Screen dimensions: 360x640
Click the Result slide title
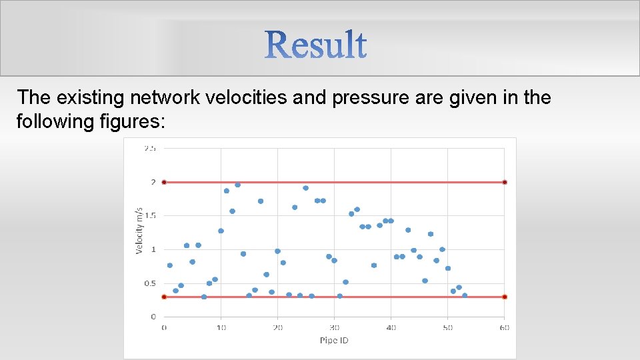(x=317, y=45)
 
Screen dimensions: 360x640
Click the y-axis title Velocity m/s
(x=140, y=230)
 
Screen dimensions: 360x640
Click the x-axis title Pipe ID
(x=334, y=341)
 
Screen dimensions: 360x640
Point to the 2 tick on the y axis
(x=153, y=182)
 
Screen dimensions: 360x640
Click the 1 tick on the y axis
(x=153, y=249)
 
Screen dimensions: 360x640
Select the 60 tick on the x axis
(x=505, y=327)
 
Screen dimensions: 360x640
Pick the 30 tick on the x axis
(x=334, y=327)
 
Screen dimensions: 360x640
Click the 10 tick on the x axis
(x=221, y=327)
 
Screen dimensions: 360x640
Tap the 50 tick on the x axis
(x=448, y=327)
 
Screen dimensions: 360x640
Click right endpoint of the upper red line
(x=505, y=182)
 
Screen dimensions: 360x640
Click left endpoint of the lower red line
(x=164, y=297)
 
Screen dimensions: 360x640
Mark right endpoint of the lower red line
(x=505, y=297)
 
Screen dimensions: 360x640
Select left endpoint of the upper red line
(x=164, y=182)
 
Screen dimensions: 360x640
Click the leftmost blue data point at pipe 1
(x=170, y=265)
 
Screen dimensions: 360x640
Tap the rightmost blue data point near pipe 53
(x=465, y=295)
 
